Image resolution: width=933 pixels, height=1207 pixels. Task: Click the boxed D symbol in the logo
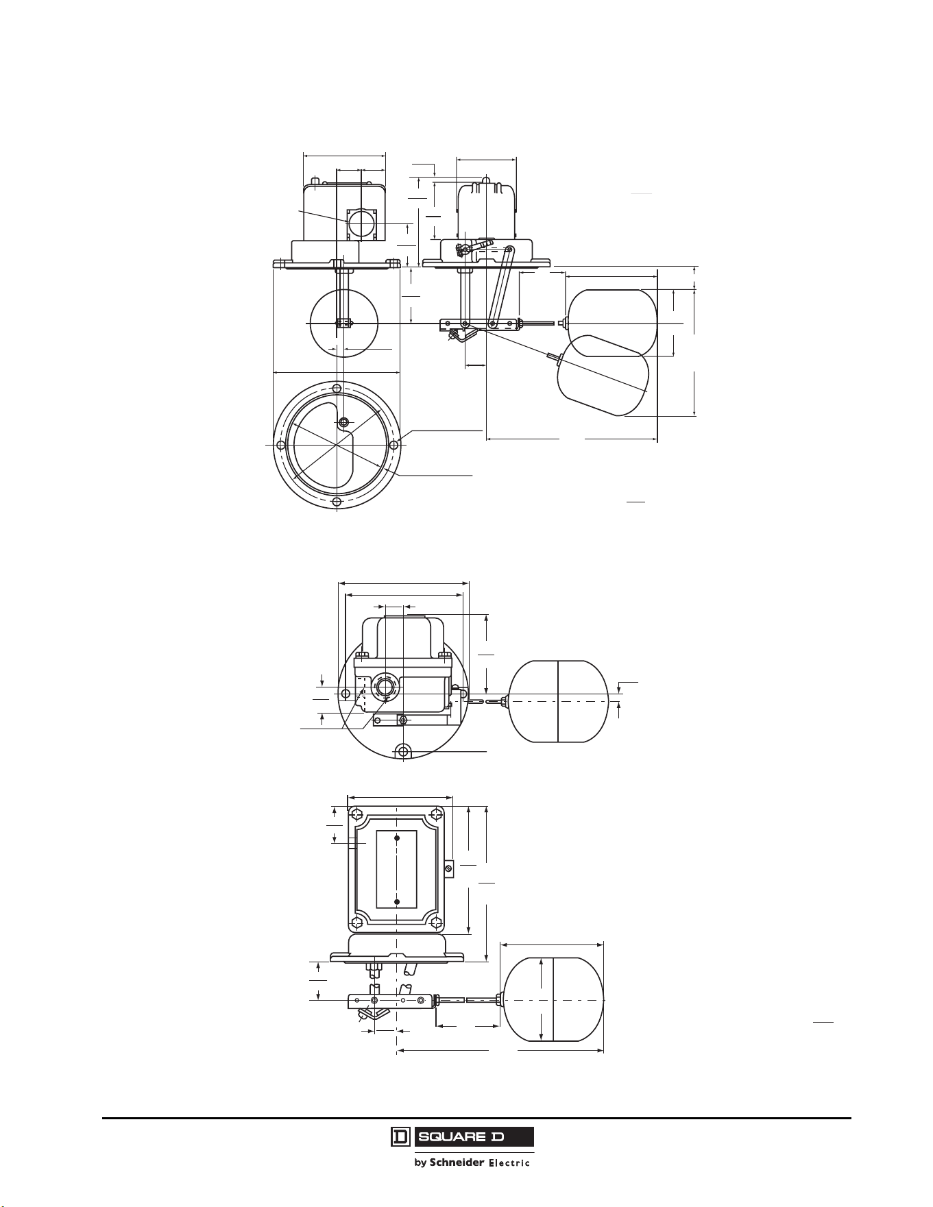click(x=400, y=1137)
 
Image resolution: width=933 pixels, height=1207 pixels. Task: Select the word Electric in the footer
click(x=509, y=1163)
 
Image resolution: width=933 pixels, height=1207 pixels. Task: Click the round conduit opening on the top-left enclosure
click(x=361, y=223)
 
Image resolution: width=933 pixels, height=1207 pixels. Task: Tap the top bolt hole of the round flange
click(x=337, y=389)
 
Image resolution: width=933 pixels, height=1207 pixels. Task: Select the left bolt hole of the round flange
click(x=280, y=446)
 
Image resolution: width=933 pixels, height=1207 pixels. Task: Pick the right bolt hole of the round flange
click(x=393, y=445)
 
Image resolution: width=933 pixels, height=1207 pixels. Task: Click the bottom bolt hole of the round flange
click(x=337, y=502)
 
